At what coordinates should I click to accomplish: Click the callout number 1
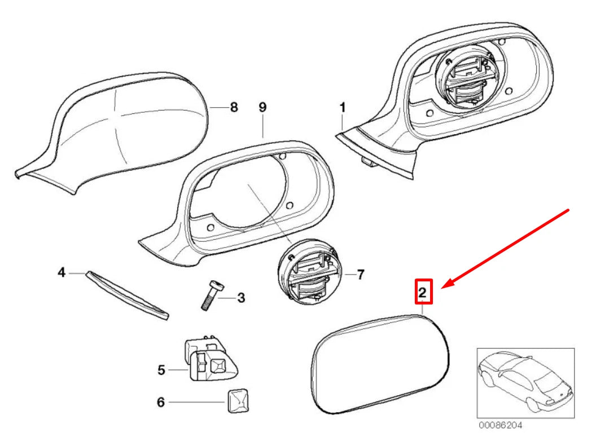pos(343,107)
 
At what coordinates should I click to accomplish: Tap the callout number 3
pos(240,298)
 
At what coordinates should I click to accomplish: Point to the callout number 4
pos(62,273)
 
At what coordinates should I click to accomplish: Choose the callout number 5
pos(161,370)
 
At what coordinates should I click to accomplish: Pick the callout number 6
pos(160,403)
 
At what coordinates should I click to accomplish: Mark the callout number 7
pos(360,275)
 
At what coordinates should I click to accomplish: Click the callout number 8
pos(234,107)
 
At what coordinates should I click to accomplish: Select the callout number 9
pos(262,107)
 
